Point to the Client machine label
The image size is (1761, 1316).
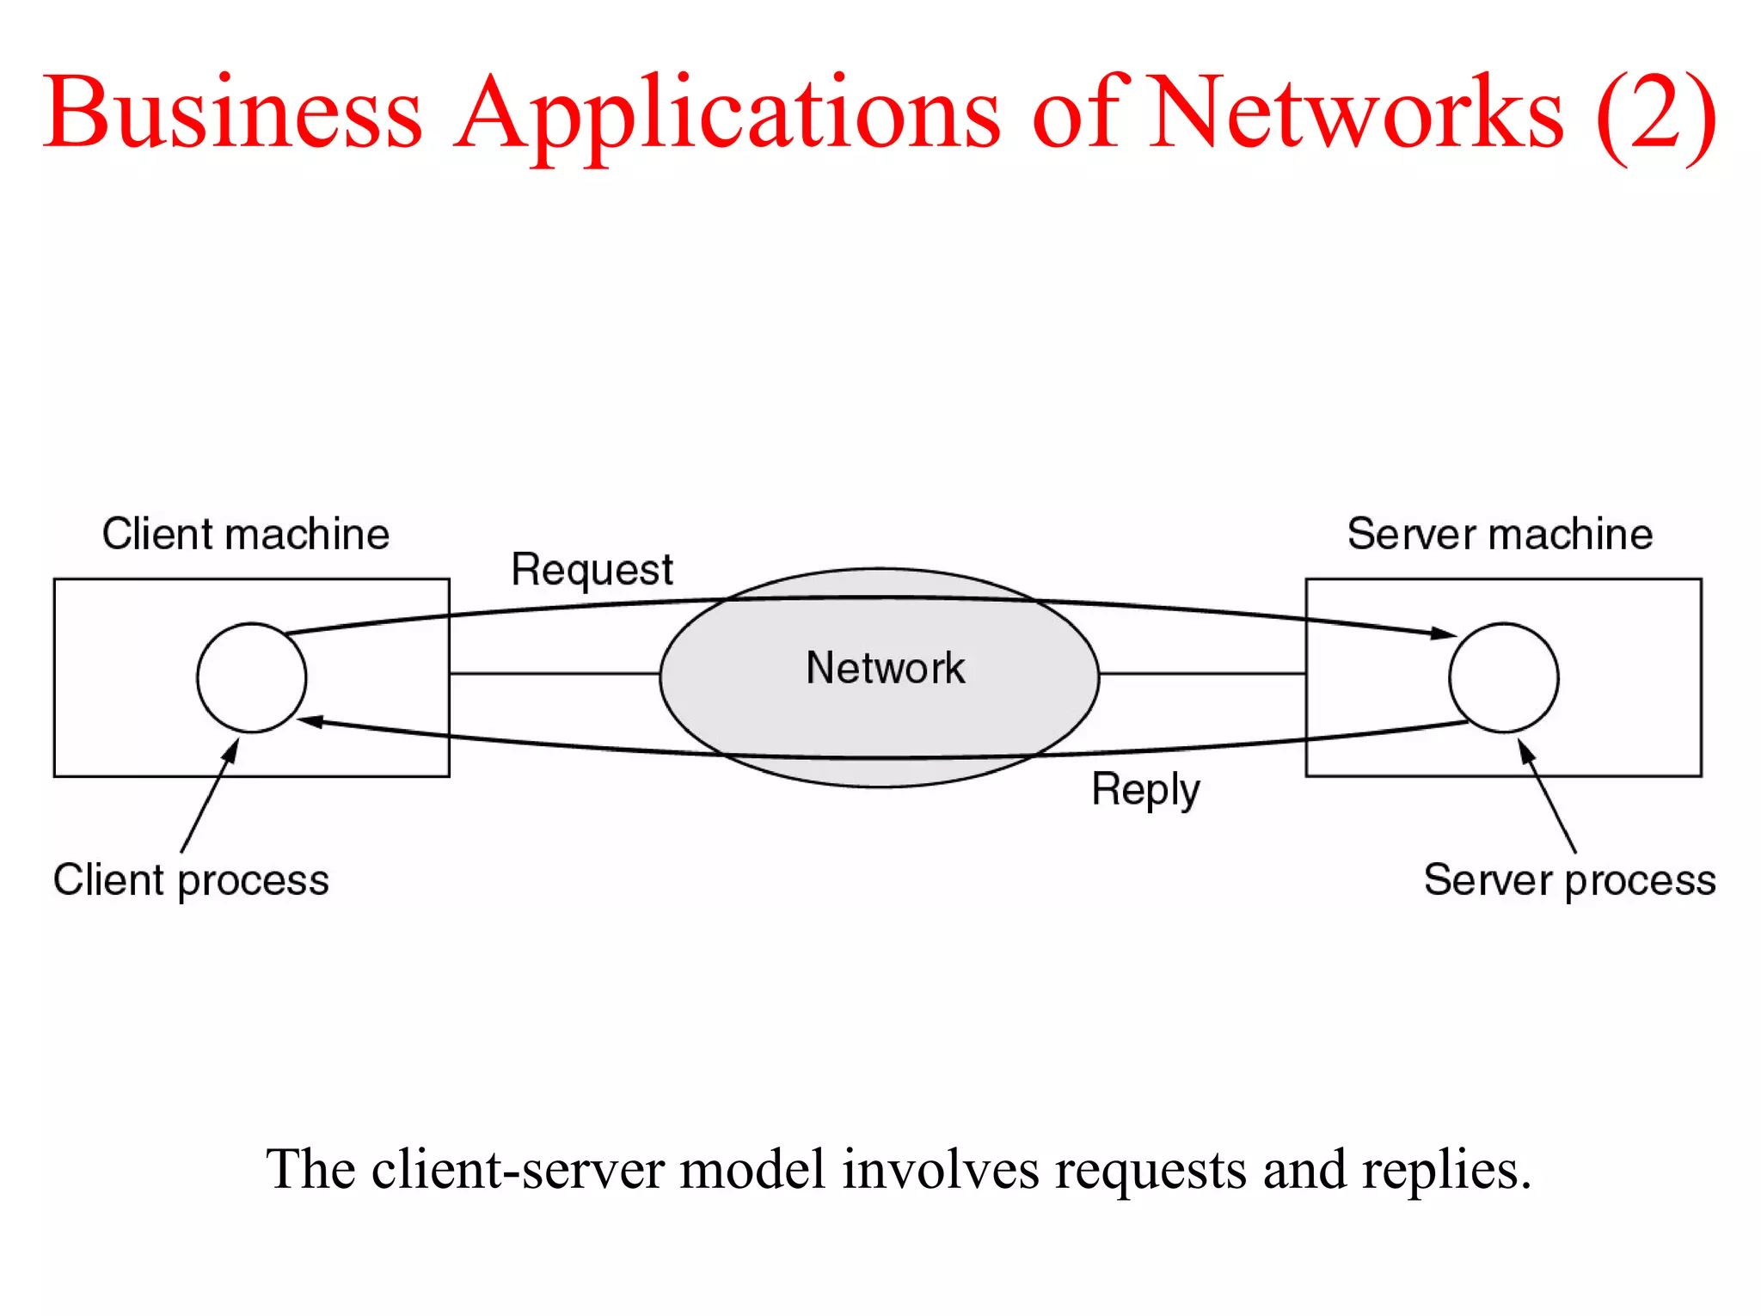click(246, 534)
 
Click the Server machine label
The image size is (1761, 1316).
click(1500, 534)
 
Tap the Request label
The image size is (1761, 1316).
click(592, 570)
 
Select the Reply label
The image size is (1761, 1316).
click(1145, 789)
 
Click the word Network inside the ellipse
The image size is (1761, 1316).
click(885, 668)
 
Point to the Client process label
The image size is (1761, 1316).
click(191, 880)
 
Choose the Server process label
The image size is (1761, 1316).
click(1569, 880)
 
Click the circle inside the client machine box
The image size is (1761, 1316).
click(251, 677)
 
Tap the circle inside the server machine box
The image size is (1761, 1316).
click(1503, 677)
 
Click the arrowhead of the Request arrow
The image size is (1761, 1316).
click(1444, 634)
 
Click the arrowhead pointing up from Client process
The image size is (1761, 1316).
click(230, 751)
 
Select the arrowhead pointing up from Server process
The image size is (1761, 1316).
click(1525, 751)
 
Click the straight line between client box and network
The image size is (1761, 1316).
click(554, 673)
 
